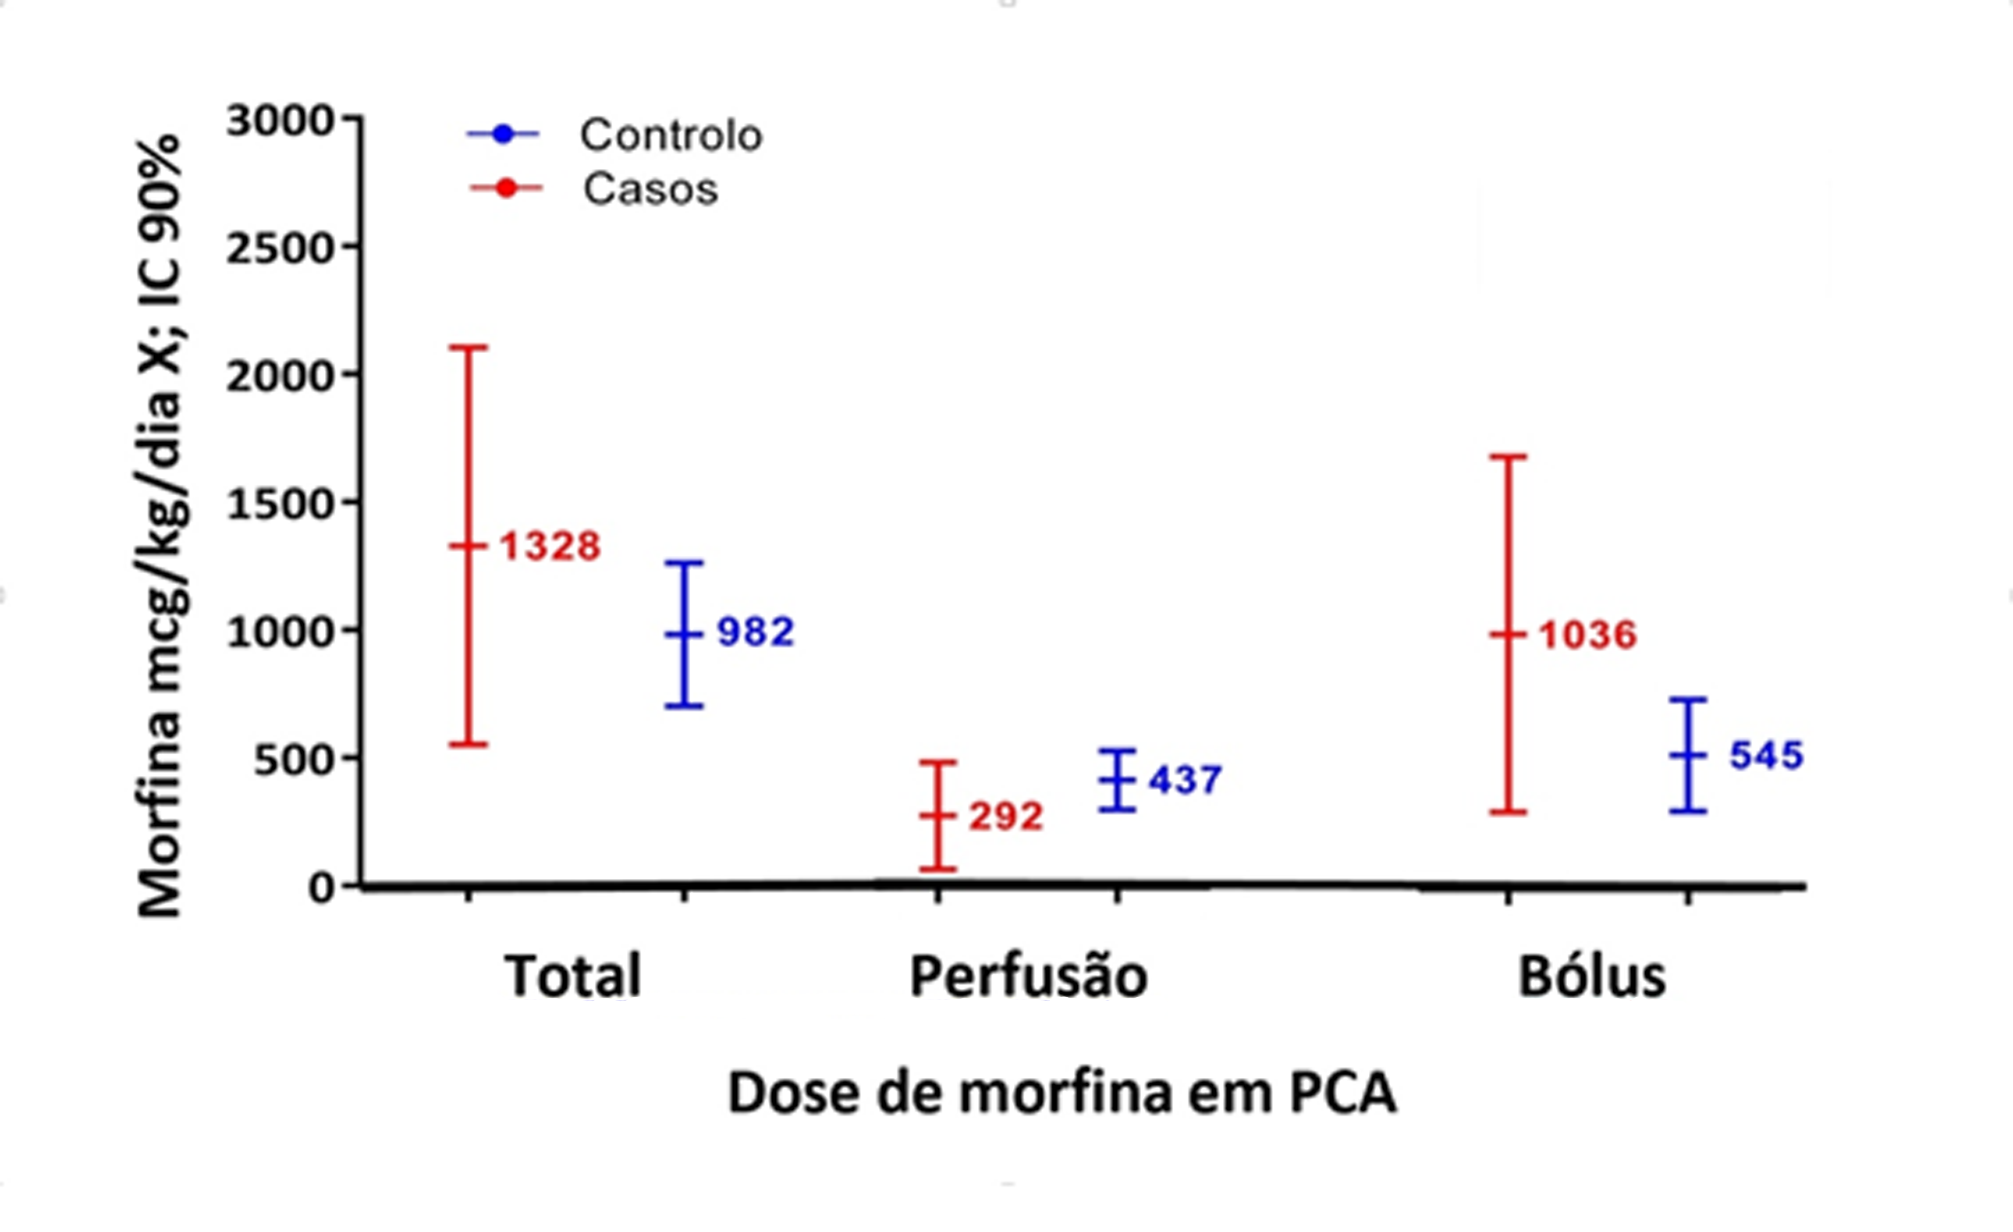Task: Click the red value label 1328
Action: coord(550,547)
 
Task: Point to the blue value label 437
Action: coord(1185,780)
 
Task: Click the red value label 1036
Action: coord(1588,635)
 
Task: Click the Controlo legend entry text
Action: coord(671,135)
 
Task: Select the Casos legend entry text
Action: coord(650,190)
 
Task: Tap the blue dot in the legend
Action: coord(503,133)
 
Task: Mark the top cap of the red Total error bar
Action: coord(469,347)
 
